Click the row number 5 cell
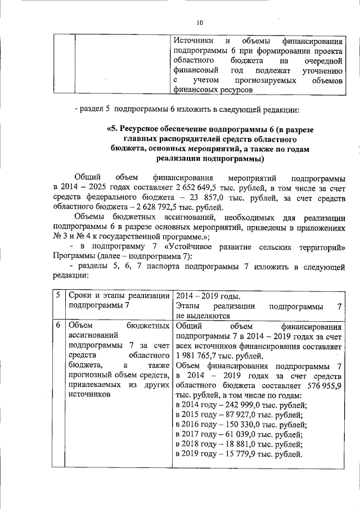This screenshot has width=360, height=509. click(x=58, y=296)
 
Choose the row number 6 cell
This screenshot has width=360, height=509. click(x=58, y=326)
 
